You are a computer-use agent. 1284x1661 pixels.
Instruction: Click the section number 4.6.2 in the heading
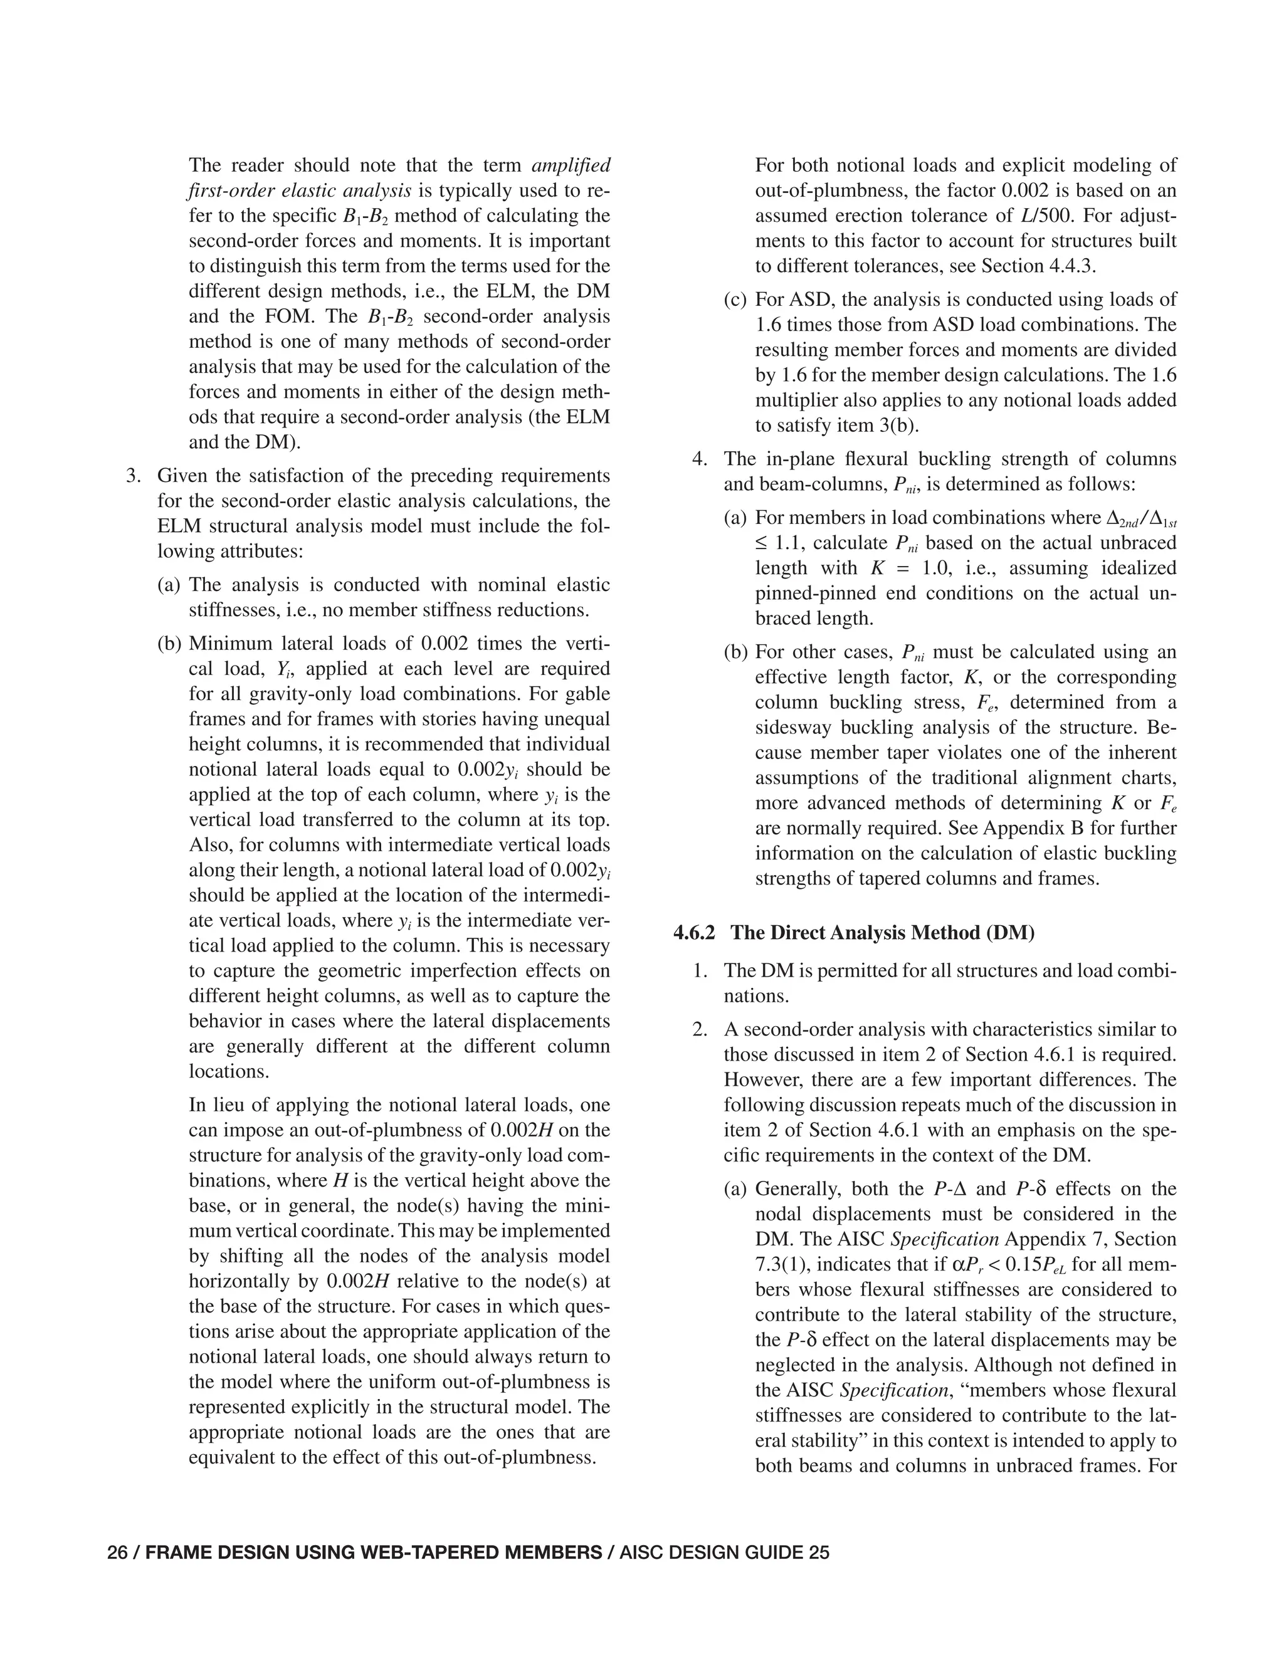click(694, 933)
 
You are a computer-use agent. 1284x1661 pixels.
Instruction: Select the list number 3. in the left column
click(134, 476)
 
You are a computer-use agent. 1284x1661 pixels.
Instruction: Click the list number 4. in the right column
click(700, 459)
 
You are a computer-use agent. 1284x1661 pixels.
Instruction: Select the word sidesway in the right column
click(793, 728)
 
